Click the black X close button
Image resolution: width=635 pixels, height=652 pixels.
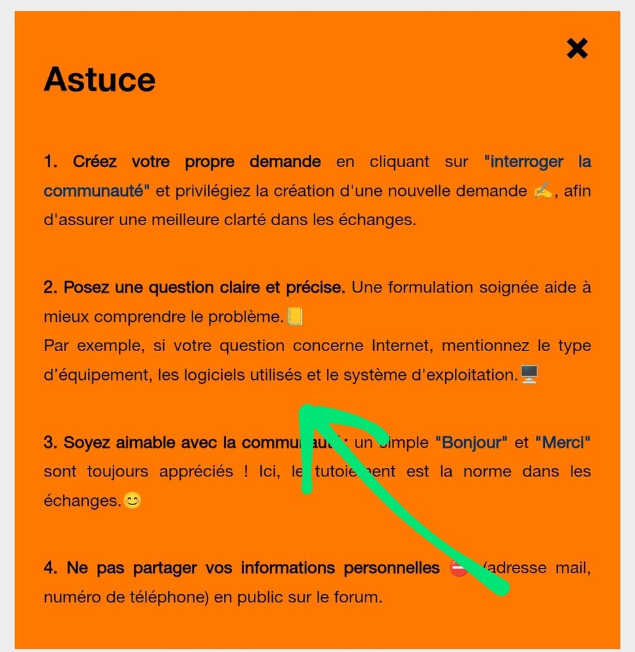pos(577,48)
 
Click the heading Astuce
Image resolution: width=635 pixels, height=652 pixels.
pos(99,80)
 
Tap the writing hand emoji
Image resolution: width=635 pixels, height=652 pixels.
pos(543,191)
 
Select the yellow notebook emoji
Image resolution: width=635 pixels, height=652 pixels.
pos(295,317)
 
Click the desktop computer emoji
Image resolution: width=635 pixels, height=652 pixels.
pos(529,375)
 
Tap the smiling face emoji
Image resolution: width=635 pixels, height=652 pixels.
pos(132,501)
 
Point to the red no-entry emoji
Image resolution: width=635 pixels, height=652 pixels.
pos(459,568)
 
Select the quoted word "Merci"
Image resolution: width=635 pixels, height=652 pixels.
pos(563,442)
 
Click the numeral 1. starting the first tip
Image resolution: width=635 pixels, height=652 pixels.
pos(50,161)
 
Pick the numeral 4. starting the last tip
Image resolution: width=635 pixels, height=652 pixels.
pos(50,568)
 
